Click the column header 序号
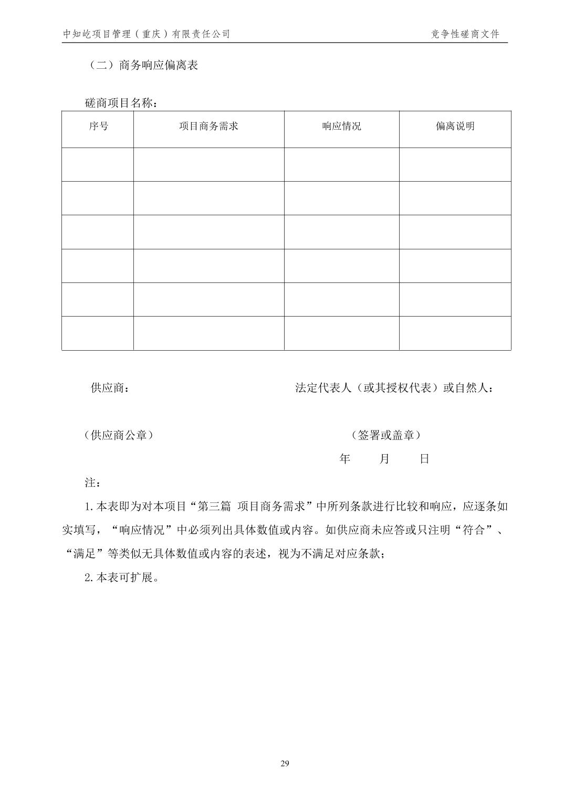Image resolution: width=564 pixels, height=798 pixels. pyautogui.click(x=98, y=127)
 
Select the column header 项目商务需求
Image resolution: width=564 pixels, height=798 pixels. pyautogui.click(x=208, y=127)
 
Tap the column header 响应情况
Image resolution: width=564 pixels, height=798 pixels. pyautogui.click(x=341, y=127)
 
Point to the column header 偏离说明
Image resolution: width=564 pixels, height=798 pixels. pyautogui.click(x=455, y=127)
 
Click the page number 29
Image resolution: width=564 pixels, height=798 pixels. pyautogui.click(x=285, y=763)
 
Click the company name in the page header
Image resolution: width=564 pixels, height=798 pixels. pyautogui.click(x=147, y=34)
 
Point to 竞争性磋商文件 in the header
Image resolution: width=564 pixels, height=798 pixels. pyautogui.click(x=465, y=34)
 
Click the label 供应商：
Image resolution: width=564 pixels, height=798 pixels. pyautogui.click(x=109, y=388)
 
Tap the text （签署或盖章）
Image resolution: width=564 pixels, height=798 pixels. pyautogui.click(x=386, y=435)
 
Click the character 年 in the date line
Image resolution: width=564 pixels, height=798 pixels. pyautogui.click(x=344, y=459)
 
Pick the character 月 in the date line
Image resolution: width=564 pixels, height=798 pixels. pyautogui.click(x=384, y=459)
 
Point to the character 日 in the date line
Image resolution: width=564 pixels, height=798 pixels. pyautogui.click(x=424, y=459)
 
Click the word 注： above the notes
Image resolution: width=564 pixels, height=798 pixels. pyautogui.click(x=92, y=482)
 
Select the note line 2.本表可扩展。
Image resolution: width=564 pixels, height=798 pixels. pyautogui.click(x=121, y=578)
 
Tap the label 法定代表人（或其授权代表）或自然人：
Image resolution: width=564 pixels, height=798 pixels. pyautogui.click(x=394, y=388)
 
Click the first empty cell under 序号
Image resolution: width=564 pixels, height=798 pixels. pyautogui.click(x=98, y=164)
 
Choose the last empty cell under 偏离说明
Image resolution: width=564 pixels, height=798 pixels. pyautogui.click(x=455, y=333)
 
